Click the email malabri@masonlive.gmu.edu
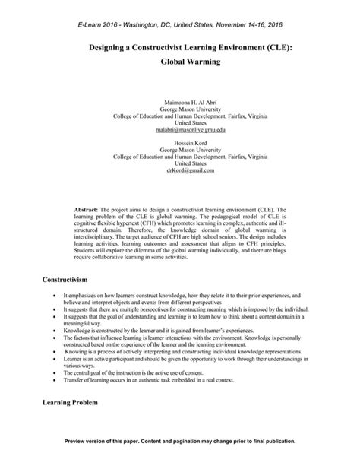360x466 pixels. (180, 130)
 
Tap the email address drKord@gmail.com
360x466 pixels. (180, 171)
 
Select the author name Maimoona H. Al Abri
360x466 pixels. (180, 102)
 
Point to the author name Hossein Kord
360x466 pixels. (180, 143)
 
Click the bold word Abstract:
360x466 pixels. (86, 207)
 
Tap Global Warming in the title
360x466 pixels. (180, 62)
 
